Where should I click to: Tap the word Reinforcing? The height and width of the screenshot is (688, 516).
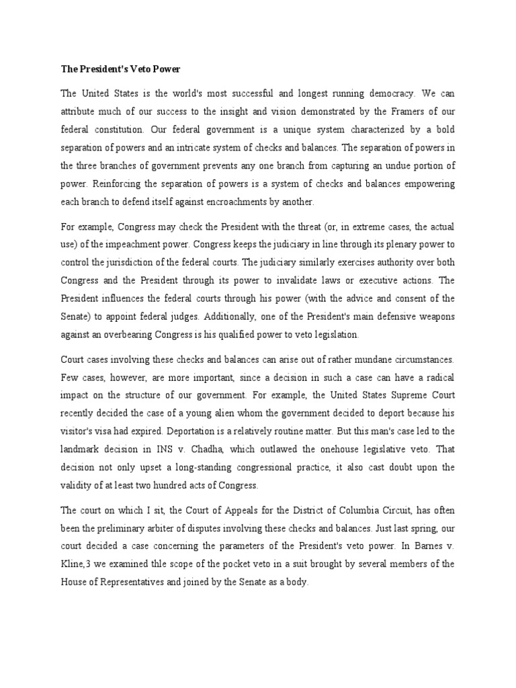point(125,183)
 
